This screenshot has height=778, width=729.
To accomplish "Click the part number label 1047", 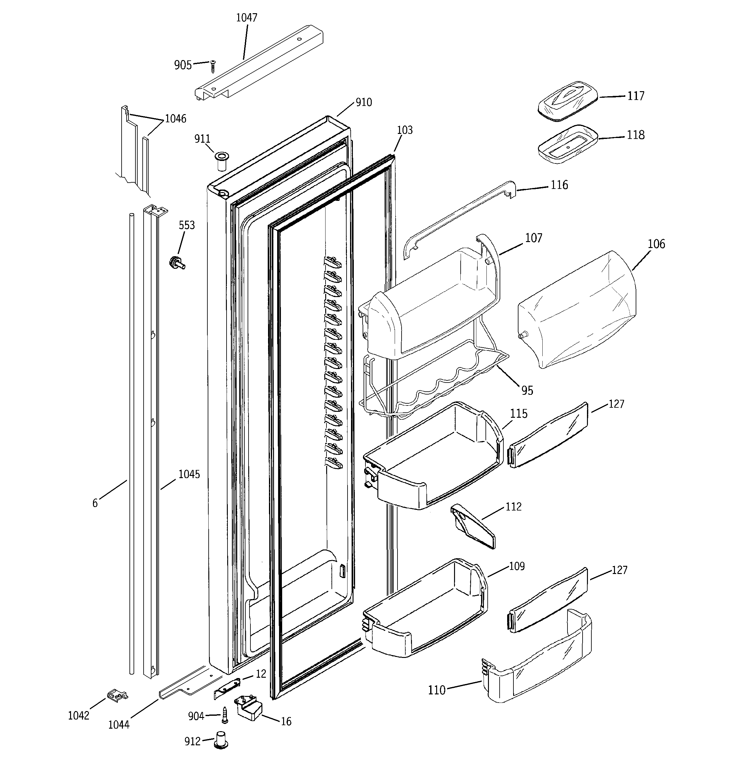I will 247,18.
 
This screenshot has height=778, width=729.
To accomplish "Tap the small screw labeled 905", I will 213,67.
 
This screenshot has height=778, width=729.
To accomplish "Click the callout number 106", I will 656,244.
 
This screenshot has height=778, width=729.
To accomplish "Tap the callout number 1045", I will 189,474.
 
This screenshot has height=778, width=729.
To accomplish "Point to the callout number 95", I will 527,390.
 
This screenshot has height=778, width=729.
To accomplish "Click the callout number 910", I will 364,102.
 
